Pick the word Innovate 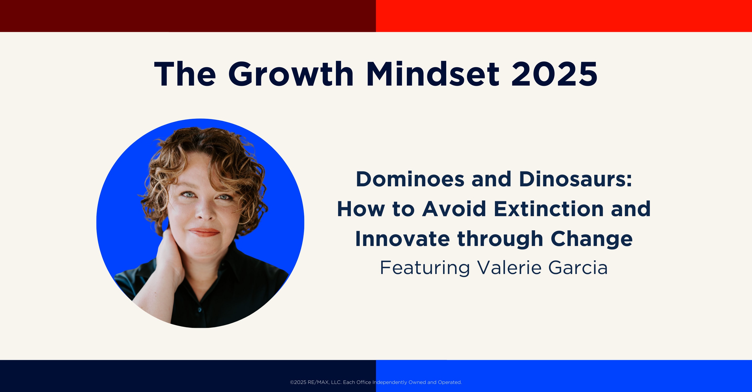(402, 239)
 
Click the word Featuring (425, 268)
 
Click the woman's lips (204, 232)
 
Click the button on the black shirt (200, 310)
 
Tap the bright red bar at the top (564, 16)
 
